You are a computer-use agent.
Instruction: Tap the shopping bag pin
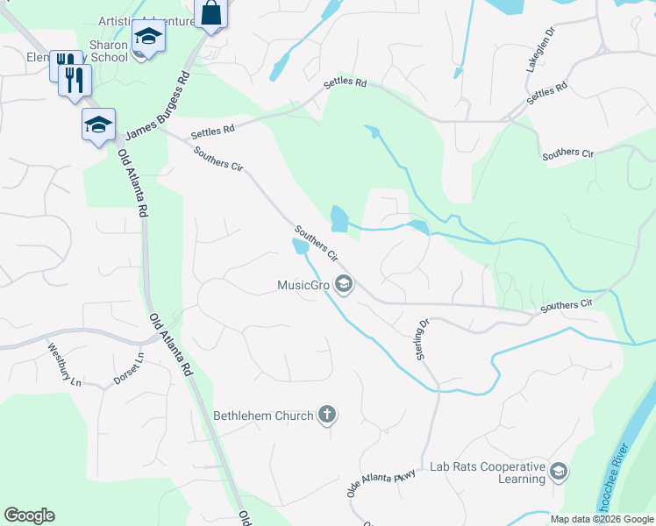[x=211, y=13]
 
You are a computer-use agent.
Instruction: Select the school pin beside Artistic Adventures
[x=148, y=37]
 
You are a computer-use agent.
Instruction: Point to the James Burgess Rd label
[x=158, y=107]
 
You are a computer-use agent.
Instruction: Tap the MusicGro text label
[x=303, y=285]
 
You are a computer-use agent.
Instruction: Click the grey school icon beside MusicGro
[x=344, y=284]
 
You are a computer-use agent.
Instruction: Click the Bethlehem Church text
[x=263, y=416]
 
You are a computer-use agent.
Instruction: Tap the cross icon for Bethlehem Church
[x=327, y=415]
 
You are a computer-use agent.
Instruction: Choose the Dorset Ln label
[x=127, y=368]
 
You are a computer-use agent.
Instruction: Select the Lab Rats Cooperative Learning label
[x=487, y=473]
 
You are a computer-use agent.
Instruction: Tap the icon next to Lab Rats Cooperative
[x=558, y=473]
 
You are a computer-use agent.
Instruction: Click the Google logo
[x=29, y=515]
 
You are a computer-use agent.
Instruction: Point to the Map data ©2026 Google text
[x=602, y=519]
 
